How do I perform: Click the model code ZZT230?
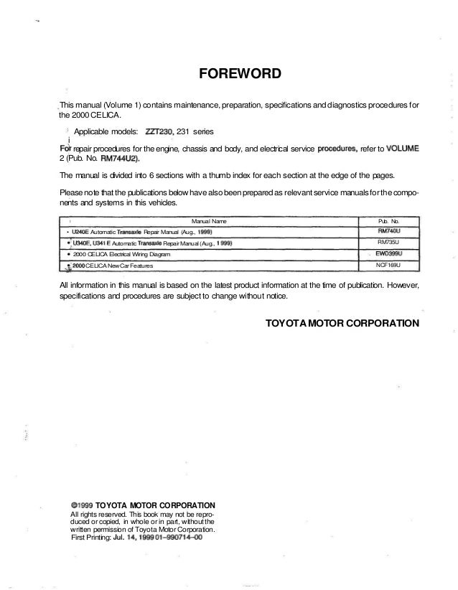coord(165,131)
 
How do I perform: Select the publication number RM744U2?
coord(120,159)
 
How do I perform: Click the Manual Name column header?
coord(210,221)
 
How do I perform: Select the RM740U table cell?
coord(387,232)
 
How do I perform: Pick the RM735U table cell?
coord(387,243)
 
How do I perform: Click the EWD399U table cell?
coord(387,254)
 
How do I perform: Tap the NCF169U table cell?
coord(387,266)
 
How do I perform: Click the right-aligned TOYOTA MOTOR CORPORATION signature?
coord(342,323)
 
